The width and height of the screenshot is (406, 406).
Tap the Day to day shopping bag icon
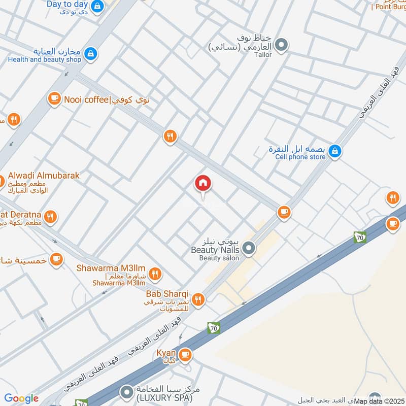pos(98,6)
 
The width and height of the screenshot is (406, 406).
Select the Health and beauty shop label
pos(45,59)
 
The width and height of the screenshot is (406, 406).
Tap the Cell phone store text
pos(300,157)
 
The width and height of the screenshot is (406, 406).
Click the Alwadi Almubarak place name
pos(44,176)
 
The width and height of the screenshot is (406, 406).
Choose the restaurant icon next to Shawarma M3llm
pos(156,274)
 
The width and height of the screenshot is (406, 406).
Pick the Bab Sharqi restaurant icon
pos(198,299)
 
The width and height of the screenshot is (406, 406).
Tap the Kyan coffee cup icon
pos(186,354)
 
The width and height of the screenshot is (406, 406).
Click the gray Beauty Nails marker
pos(249,248)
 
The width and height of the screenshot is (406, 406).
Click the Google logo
pos(21,398)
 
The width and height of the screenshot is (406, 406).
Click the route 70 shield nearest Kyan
pos(214,328)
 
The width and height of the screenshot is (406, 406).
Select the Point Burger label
pos(388,7)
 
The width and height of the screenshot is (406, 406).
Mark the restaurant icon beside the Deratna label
pos(50,217)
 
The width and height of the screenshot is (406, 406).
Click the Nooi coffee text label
pos(84,99)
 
